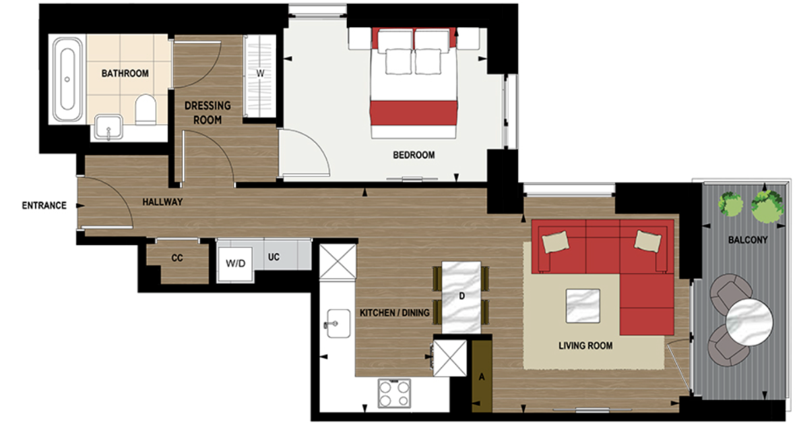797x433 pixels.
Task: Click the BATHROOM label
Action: [125, 73]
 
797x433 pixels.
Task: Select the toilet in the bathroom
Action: [146, 109]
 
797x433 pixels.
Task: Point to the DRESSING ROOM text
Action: [208, 113]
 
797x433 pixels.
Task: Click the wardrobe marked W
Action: [259, 74]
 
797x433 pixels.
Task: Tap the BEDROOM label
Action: [414, 155]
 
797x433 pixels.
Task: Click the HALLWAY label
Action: [162, 202]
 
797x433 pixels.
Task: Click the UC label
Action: [274, 257]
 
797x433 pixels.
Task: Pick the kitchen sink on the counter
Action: [333, 322]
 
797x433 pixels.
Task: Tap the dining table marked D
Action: [461, 295]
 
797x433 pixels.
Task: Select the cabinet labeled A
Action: [482, 376]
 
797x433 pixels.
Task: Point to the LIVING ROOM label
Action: [585, 346]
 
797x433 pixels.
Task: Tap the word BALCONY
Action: [747, 240]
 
